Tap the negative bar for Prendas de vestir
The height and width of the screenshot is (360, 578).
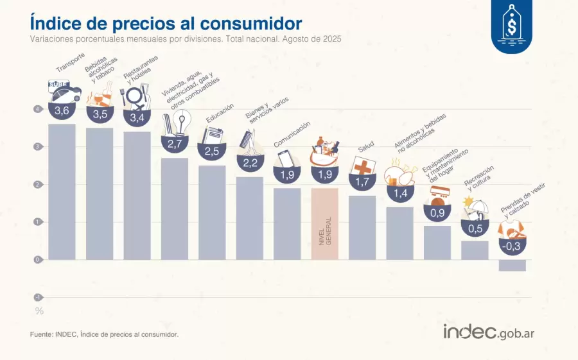[512, 265]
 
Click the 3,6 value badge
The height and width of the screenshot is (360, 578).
[62, 112]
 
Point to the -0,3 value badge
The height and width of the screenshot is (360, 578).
[512, 246]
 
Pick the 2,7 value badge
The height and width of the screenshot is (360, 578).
[175, 144]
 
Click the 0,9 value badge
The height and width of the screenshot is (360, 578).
[437, 212]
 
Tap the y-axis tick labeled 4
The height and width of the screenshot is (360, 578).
[39, 109]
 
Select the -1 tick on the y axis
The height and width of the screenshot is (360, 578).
[39, 297]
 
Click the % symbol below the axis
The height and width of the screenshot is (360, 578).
[39, 311]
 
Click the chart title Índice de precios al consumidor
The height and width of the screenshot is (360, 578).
[166, 23]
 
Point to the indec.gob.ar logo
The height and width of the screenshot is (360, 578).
[489, 332]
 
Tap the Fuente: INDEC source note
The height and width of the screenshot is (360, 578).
[104, 334]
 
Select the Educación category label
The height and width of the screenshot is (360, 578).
[220, 113]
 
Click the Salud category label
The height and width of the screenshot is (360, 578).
[366, 147]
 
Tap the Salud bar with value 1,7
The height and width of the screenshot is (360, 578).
[362, 227]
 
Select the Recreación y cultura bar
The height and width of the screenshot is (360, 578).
[475, 250]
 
